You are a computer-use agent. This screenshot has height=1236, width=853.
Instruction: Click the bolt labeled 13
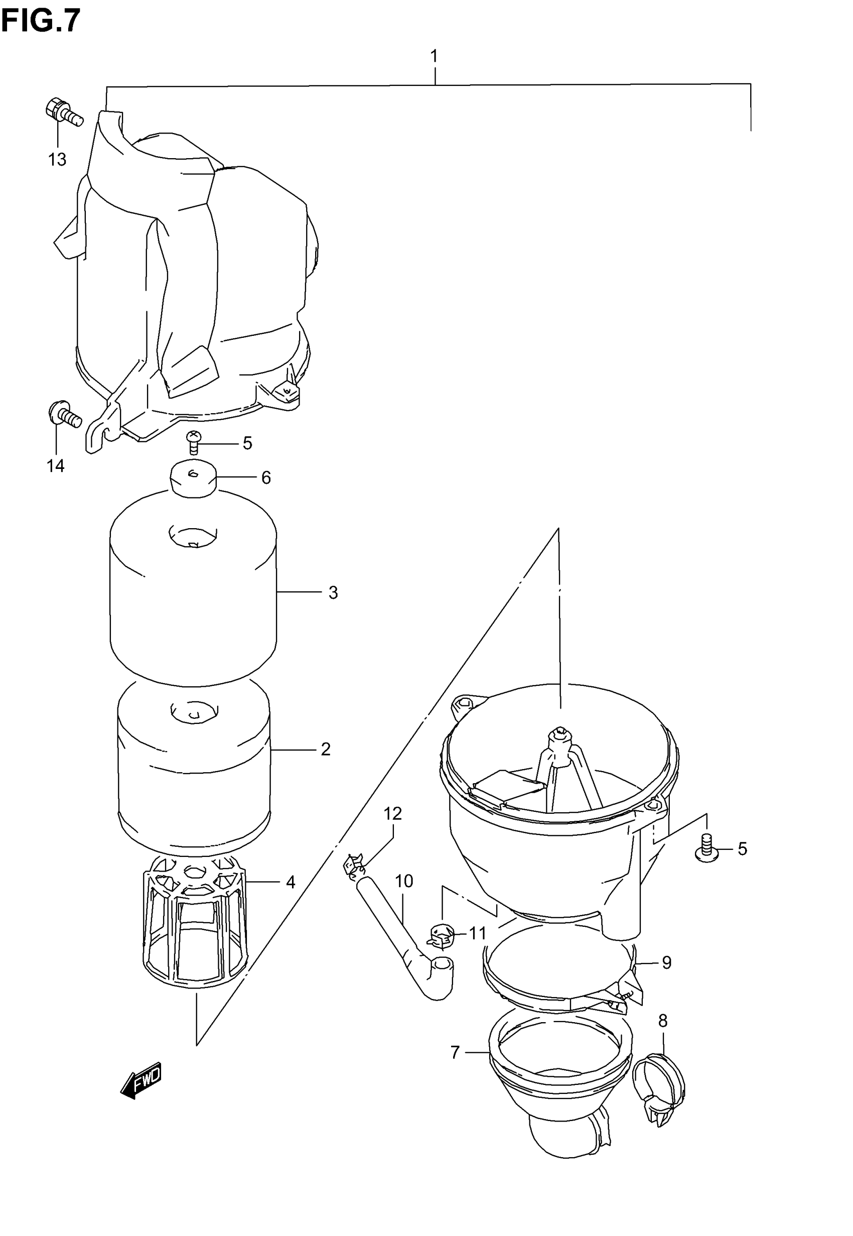coord(63,112)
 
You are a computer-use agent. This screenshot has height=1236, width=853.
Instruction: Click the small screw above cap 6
coord(193,441)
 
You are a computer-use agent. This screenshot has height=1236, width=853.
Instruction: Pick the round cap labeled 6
coord(193,478)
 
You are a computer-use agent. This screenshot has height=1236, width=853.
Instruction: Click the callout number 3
coord(333,592)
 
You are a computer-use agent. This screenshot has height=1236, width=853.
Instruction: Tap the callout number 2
coord(326,749)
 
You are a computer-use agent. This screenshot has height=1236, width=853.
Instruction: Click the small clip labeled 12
coord(354,868)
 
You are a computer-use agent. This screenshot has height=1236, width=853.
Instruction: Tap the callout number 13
coord(57,159)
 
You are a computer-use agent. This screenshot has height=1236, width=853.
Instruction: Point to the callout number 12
coord(392,813)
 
